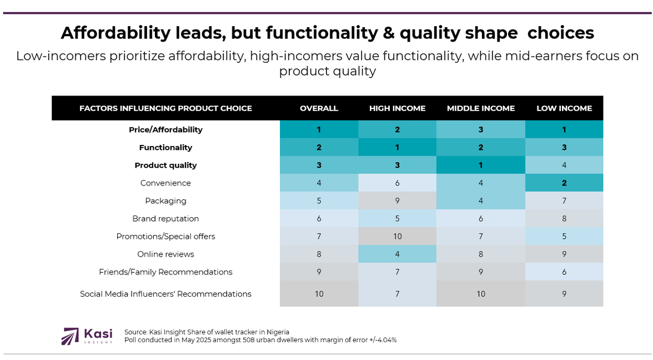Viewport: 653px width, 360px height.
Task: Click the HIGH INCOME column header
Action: pos(397,108)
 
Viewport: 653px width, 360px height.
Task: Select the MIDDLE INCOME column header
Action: pos(481,108)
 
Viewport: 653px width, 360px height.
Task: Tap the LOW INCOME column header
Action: pos(564,108)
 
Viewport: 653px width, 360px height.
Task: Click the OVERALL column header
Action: pos(319,108)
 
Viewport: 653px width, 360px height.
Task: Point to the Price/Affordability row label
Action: pos(165,129)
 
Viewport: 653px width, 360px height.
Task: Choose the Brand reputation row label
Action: pos(165,218)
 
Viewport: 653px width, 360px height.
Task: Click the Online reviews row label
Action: pos(165,254)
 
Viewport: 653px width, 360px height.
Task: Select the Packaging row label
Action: pos(165,201)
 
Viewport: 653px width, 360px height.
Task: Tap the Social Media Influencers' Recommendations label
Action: pos(165,294)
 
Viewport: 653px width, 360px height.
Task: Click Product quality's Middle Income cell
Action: pos(481,165)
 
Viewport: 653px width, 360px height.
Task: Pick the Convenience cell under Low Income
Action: pos(564,183)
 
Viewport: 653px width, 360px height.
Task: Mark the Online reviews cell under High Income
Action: pos(397,254)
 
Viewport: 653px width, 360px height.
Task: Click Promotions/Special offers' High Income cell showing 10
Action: pos(397,236)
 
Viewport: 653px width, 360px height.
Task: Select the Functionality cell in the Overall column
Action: pos(319,147)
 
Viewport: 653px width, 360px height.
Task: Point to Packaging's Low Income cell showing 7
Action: pos(564,201)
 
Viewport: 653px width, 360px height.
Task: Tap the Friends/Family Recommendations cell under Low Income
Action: pos(564,272)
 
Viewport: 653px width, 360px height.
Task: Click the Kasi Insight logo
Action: pos(87,336)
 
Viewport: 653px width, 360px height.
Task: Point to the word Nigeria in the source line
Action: pos(275,332)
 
